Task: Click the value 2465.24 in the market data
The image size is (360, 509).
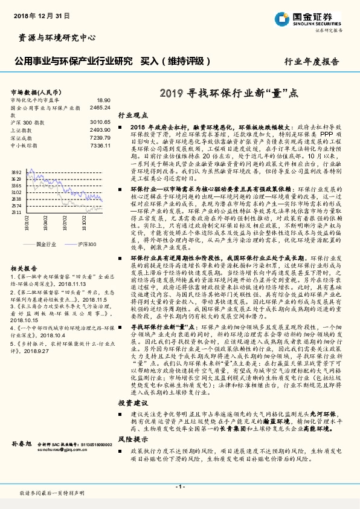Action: pyautogui.click(x=99, y=106)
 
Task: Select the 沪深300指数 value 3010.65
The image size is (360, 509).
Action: pyautogui.click(x=99, y=122)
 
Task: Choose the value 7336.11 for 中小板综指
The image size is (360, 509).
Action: pyautogui.click(x=99, y=146)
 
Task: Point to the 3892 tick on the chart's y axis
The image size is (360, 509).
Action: pyautogui.click(x=16, y=172)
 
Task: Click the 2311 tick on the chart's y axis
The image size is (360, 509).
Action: pyautogui.click(x=16, y=213)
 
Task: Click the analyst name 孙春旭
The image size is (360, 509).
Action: pyautogui.click(x=22, y=444)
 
